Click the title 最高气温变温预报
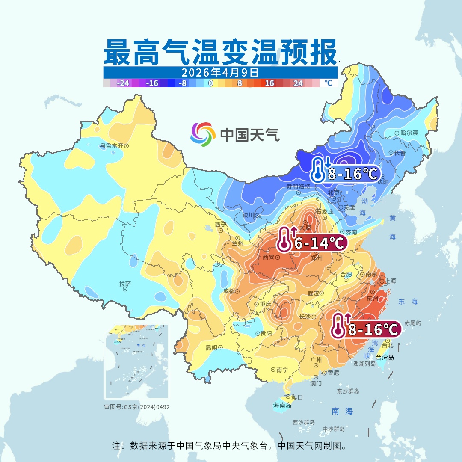(x=220, y=52)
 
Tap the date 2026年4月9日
(x=220, y=72)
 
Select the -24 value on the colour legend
(x=123, y=83)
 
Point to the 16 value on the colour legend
(x=269, y=83)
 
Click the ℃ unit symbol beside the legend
(x=328, y=83)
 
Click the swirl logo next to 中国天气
(x=203, y=135)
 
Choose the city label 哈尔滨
(x=409, y=133)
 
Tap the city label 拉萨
(x=125, y=283)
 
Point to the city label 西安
(x=268, y=258)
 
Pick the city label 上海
(x=390, y=281)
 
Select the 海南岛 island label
(x=282, y=405)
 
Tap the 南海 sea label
(x=342, y=411)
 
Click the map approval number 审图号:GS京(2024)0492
(x=137, y=407)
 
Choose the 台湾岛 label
(x=385, y=358)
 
